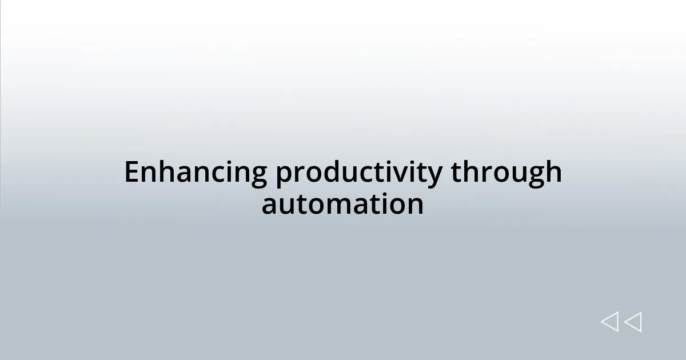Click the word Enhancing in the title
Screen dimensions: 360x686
(x=195, y=173)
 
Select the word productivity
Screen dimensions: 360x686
(x=358, y=174)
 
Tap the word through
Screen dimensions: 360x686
(x=506, y=174)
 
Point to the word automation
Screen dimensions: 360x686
(x=342, y=204)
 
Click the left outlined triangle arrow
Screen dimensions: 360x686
(x=610, y=322)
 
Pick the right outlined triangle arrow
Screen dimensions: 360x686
(x=633, y=322)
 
